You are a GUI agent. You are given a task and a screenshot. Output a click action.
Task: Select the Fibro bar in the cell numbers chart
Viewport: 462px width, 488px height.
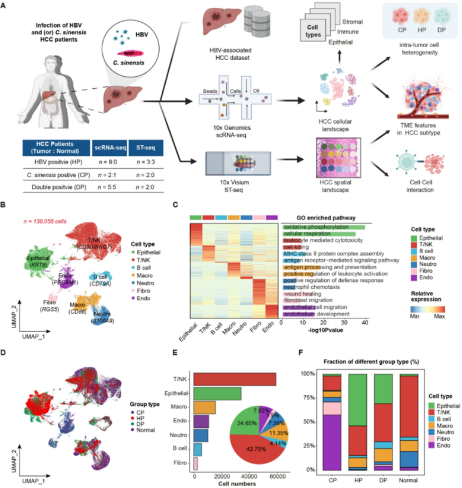point(196,462)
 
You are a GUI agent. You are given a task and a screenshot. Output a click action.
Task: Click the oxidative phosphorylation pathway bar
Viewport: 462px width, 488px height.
point(323,227)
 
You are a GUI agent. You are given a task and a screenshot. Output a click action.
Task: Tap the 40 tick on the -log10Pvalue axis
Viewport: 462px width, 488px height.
point(364,322)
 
